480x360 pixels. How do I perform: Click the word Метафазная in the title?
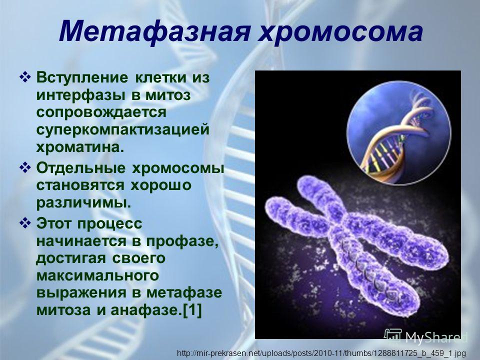click(x=154, y=31)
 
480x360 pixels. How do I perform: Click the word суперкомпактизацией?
click(x=123, y=130)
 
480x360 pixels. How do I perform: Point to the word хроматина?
click(x=80, y=147)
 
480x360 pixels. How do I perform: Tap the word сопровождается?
click(x=101, y=112)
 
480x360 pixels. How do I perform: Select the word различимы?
click(x=83, y=203)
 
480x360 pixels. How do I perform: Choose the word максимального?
click(x=97, y=275)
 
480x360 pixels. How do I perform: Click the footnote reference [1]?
click(x=192, y=310)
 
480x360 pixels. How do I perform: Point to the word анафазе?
click(x=144, y=310)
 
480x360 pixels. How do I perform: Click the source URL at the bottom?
click(x=321, y=353)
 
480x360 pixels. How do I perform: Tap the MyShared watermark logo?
click(x=425, y=336)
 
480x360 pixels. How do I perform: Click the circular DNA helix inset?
click(x=399, y=132)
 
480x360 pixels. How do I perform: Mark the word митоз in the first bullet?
click(x=168, y=95)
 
